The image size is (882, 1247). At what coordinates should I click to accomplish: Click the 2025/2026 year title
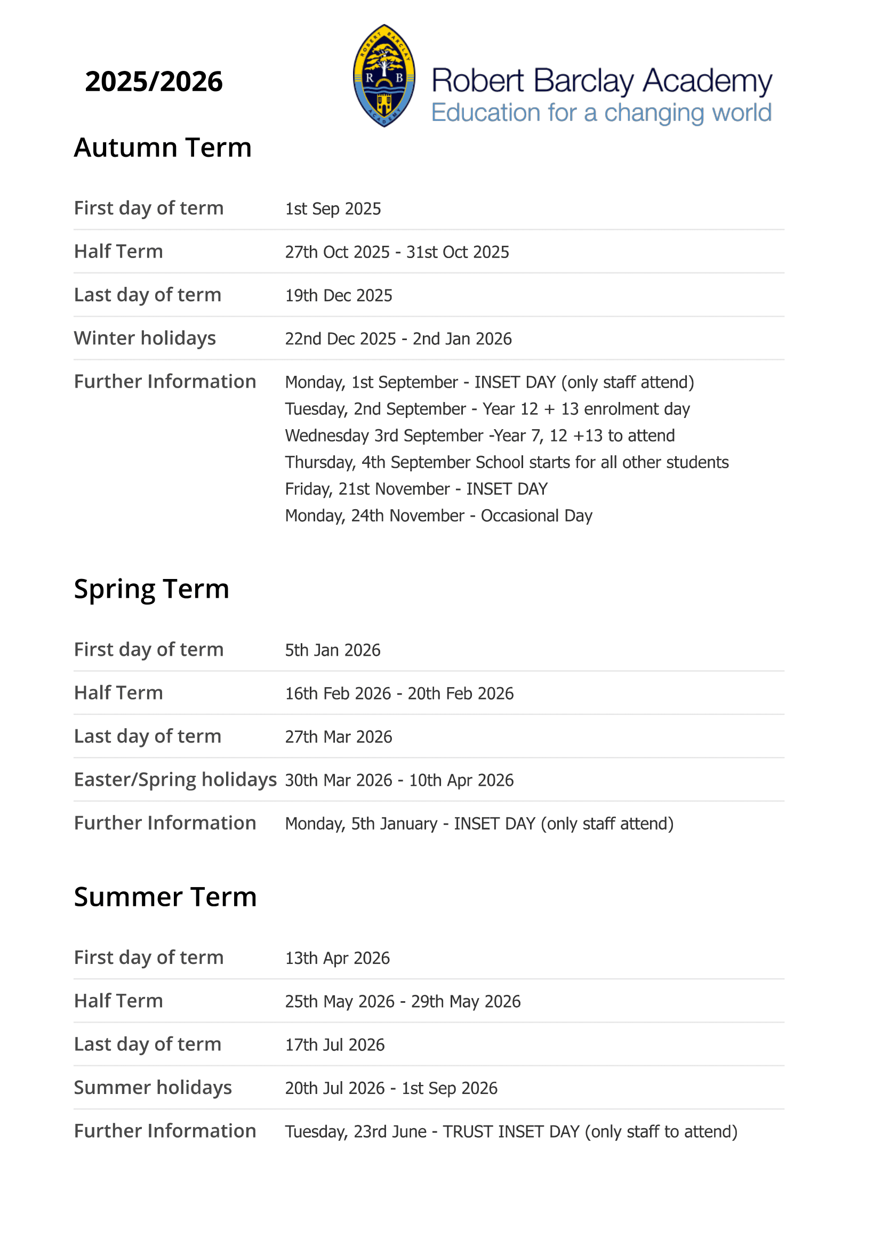[x=154, y=82]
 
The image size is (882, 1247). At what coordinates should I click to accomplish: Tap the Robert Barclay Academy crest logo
[x=384, y=76]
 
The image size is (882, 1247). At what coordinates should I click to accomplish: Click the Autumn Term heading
[x=163, y=147]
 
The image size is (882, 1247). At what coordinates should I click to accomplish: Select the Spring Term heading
[x=151, y=589]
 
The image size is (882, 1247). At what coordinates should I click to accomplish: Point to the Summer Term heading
[x=165, y=897]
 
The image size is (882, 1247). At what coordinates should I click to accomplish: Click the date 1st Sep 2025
[x=333, y=208]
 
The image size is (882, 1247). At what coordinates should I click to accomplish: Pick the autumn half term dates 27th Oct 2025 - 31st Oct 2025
[x=397, y=252]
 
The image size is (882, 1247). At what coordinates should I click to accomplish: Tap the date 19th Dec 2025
[x=339, y=295]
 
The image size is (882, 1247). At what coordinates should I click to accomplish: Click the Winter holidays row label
[x=145, y=339]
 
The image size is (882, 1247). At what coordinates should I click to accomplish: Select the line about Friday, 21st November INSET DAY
[x=416, y=489]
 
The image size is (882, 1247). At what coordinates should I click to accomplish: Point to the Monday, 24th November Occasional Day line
[x=438, y=516]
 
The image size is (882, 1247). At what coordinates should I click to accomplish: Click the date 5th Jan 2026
[x=332, y=650]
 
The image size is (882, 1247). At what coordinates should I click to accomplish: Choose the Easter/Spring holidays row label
[x=175, y=780]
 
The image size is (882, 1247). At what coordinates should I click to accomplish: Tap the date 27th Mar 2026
[x=339, y=737]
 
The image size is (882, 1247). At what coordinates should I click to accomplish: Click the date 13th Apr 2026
[x=337, y=958]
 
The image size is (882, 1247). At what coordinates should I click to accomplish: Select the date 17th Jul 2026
[x=334, y=1045]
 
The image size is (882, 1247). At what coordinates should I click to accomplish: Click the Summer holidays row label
[x=153, y=1088]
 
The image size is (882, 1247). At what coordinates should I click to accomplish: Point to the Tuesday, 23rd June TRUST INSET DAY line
[x=511, y=1132]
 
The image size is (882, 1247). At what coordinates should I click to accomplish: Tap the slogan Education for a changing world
[x=600, y=113]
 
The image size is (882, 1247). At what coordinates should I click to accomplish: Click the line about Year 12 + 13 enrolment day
[x=487, y=409]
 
